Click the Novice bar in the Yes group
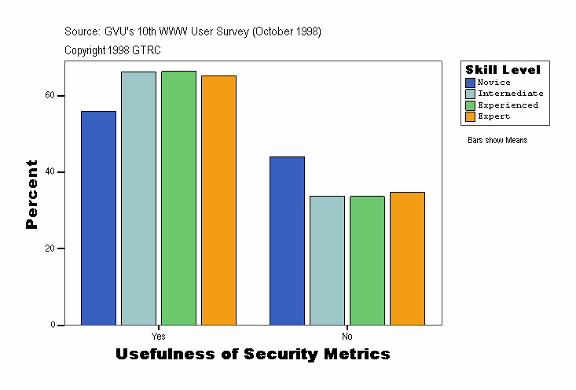click(x=98, y=218)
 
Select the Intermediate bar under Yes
click(x=138, y=198)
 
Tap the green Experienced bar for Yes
click(x=178, y=197)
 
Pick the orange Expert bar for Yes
click(x=218, y=200)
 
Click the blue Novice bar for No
click(x=287, y=241)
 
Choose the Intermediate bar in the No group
click(x=327, y=260)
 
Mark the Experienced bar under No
click(x=367, y=260)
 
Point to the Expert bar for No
click(x=407, y=258)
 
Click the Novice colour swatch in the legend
click(x=470, y=83)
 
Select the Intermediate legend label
click(x=510, y=94)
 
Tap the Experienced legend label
click(x=508, y=105)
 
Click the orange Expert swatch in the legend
click(x=470, y=116)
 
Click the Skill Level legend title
click(x=503, y=70)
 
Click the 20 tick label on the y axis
click(x=50, y=248)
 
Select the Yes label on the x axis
click(x=158, y=334)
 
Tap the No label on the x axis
click(x=347, y=334)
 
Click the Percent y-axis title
click(x=32, y=194)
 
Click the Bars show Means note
click(x=497, y=141)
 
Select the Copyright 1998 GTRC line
click(x=112, y=50)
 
